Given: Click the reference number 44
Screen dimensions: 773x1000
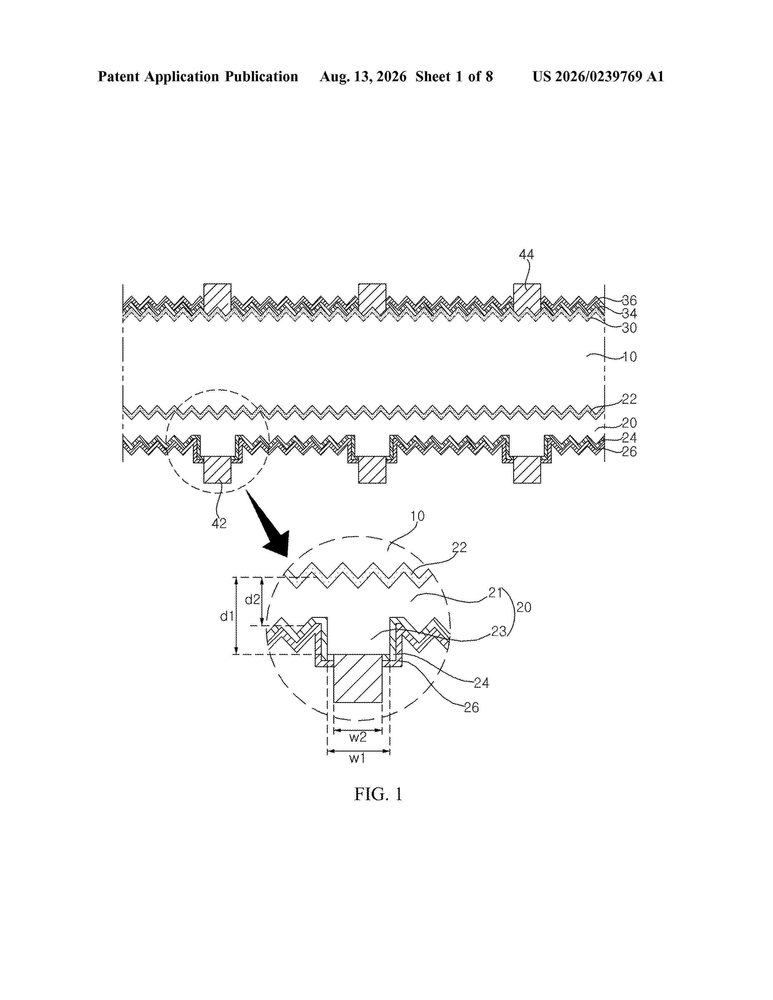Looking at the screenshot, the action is [x=526, y=254].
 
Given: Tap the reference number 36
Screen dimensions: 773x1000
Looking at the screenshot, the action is [x=629, y=300].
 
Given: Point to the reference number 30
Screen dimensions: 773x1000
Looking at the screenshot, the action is [x=629, y=328].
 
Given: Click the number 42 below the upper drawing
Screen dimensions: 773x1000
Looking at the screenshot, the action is [x=219, y=523].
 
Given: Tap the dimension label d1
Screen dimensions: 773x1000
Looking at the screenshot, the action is [x=227, y=616].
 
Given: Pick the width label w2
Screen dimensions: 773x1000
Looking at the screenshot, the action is [x=358, y=737].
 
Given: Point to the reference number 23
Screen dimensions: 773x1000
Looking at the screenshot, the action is [x=499, y=632].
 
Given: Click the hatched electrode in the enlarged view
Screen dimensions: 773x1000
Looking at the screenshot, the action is [x=358, y=678].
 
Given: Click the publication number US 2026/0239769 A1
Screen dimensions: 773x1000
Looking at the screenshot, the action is [x=598, y=76].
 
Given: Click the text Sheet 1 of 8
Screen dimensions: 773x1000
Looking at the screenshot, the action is [x=454, y=76].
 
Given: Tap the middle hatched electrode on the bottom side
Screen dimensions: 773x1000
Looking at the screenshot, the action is [x=372, y=469].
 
